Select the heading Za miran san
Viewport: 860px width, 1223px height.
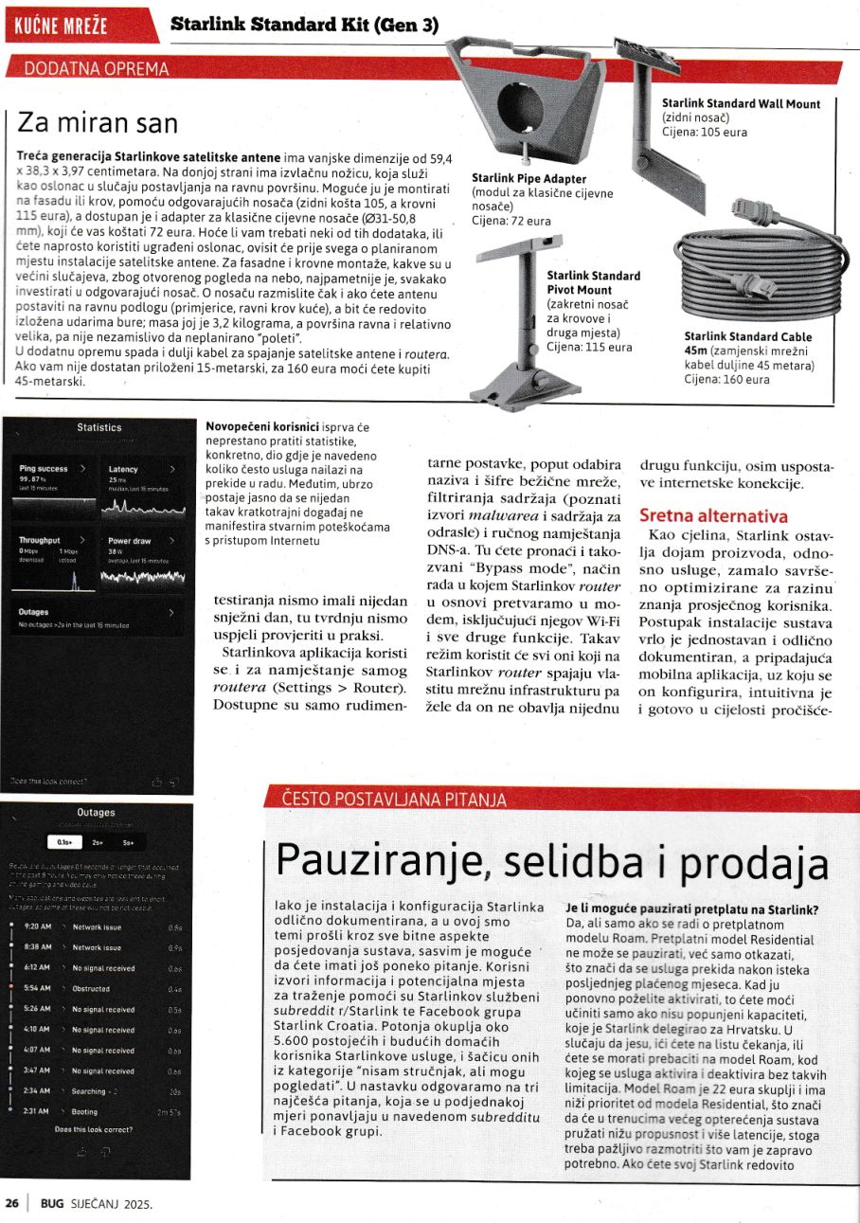(99, 124)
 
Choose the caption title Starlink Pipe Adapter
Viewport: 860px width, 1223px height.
(529, 178)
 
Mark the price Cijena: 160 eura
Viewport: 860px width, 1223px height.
(726, 380)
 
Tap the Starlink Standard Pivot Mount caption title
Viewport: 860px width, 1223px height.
(593, 282)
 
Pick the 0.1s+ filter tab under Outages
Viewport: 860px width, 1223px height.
(64, 841)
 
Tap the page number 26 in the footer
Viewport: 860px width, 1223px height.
(12, 1203)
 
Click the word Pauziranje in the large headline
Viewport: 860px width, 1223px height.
(387, 861)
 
